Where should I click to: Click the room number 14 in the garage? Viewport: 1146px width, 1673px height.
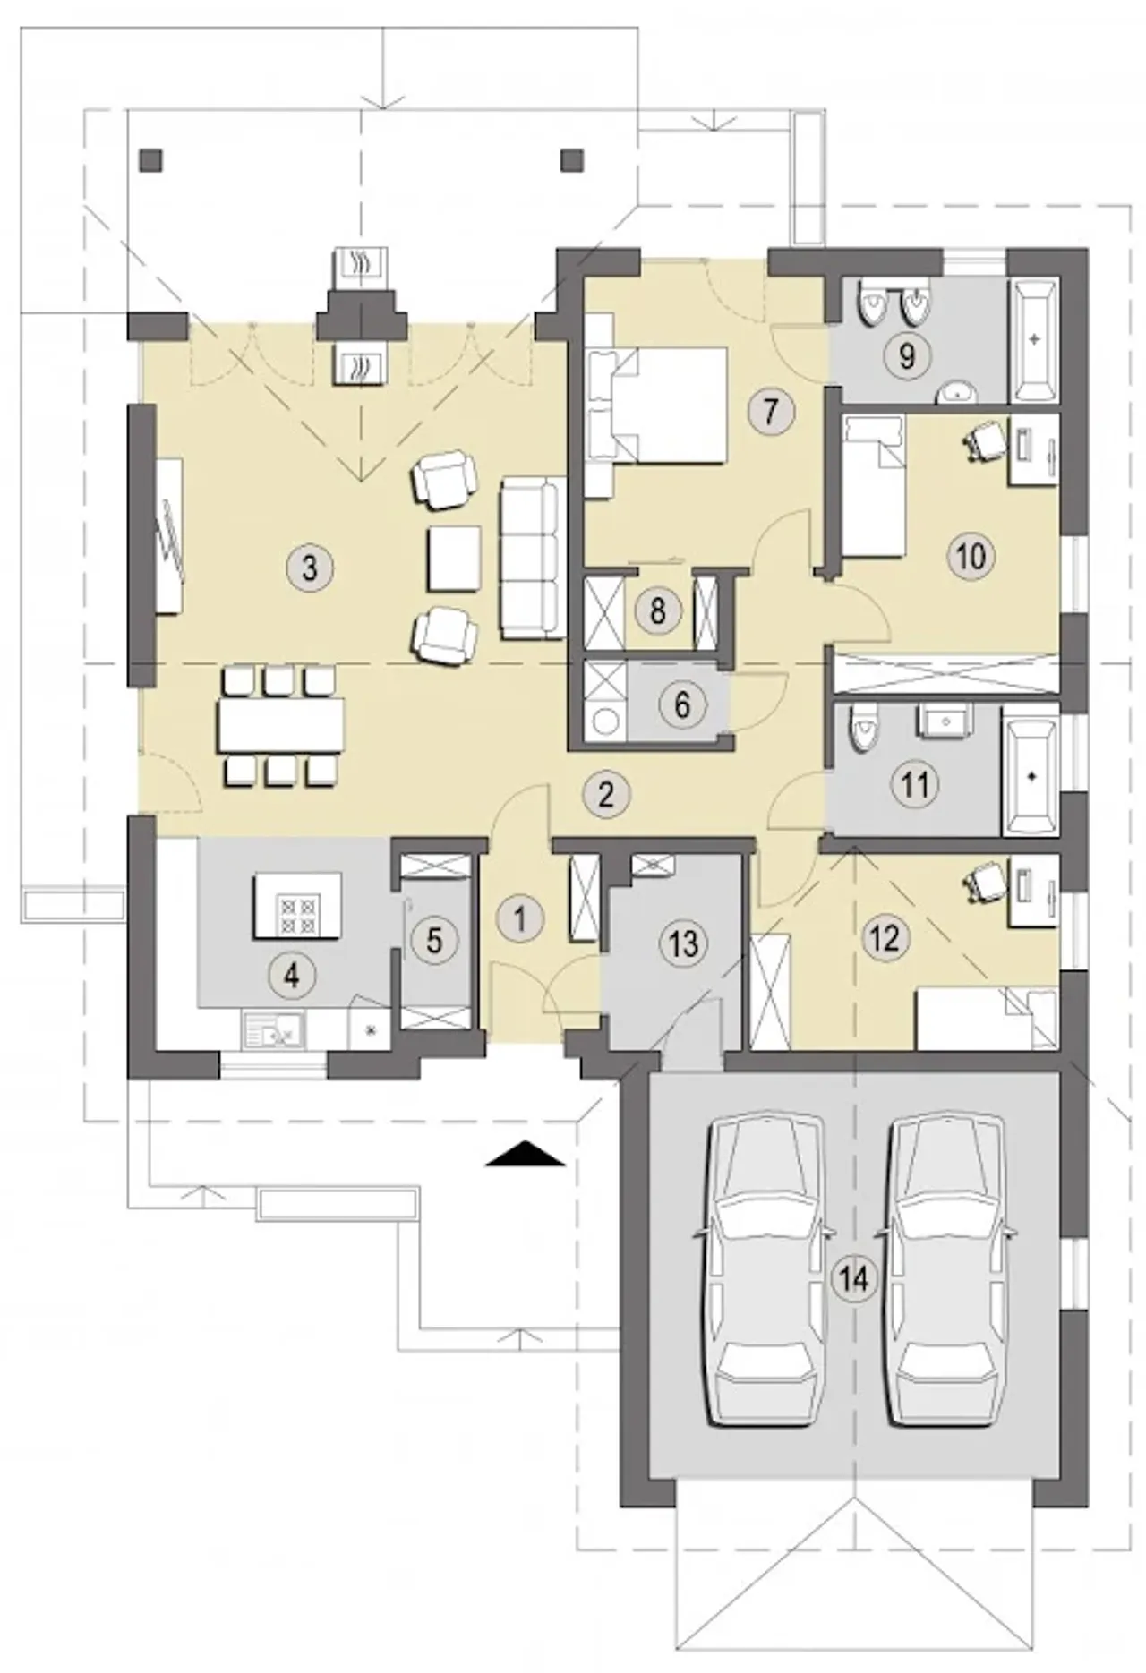854,1279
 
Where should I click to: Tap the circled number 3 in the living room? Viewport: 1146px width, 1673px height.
310,568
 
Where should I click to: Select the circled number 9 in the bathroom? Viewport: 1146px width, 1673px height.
906,356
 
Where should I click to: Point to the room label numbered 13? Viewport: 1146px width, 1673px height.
683,943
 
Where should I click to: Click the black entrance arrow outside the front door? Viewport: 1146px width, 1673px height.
526,1154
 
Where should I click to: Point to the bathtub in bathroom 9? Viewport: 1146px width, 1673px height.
1034,340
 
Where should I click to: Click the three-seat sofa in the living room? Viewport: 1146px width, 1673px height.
531,559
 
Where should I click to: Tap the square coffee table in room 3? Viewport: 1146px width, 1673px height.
455,559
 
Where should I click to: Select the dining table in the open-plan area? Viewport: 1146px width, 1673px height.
280,724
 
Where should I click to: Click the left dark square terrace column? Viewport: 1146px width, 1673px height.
151,160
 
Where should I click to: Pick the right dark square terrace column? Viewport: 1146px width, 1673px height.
571,160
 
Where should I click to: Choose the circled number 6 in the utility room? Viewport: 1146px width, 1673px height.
682,704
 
